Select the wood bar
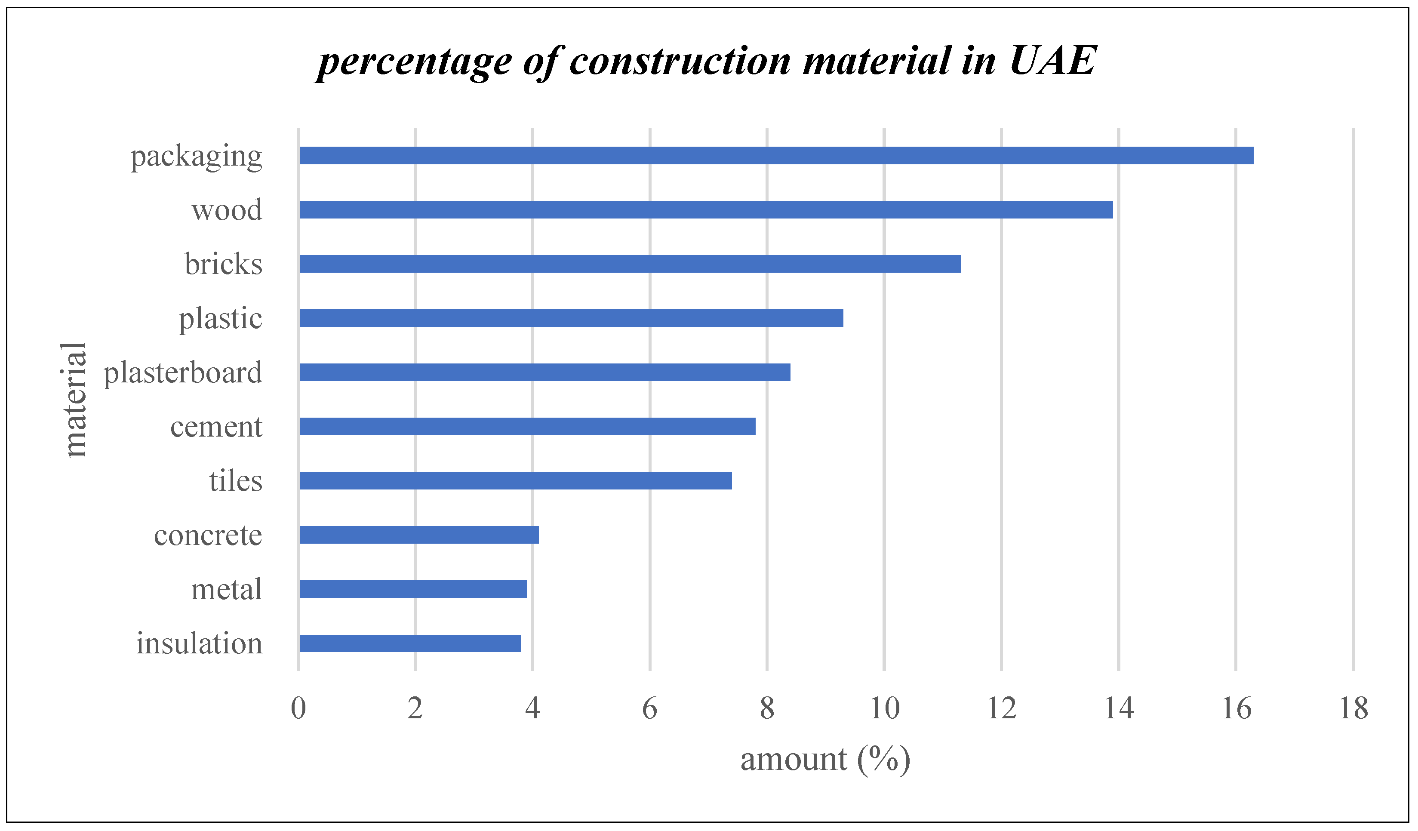(x=706, y=209)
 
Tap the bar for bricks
(x=630, y=264)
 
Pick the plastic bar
(x=571, y=318)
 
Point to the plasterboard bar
(x=544, y=372)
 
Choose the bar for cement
(x=527, y=427)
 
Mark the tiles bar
(x=515, y=480)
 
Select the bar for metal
(x=412, y=589)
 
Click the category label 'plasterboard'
(x=183, y=373)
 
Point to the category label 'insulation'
(x=199, y=643)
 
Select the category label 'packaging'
(x=197, y=157)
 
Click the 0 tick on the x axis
(x=298, y=708)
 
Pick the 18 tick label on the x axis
(x=1353, y=708)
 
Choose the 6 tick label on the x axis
(x=649, y=708)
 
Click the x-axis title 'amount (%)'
(x=825, y=760)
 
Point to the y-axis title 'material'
(x=74, y=400)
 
